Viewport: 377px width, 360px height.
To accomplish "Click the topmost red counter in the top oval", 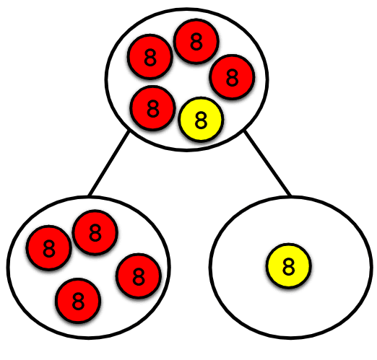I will coord(196,43).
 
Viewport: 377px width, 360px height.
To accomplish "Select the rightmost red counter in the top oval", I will coord(232,76).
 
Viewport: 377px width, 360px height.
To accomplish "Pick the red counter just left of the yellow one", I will coord(152,108).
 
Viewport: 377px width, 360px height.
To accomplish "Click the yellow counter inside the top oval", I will coord(201,120).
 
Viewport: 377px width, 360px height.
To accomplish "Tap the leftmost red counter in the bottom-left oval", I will coord(49,248).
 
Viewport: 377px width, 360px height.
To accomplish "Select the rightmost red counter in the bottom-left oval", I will coord(138,275).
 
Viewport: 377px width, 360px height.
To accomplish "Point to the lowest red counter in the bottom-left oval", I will coord(79,299).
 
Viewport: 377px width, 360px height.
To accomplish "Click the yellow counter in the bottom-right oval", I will coord(288,266).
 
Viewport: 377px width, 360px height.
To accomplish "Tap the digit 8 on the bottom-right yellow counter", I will coord(288,266).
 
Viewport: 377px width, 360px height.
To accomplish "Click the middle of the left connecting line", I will coord(109,163).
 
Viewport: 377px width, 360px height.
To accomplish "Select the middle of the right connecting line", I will coord(267,163).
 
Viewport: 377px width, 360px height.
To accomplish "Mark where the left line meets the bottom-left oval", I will coord(89,196).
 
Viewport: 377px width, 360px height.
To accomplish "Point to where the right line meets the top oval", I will coord(245,131).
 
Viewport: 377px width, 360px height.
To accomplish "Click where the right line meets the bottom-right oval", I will coord(290,196).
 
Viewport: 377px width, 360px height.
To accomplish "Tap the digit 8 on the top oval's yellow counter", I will coord(201,120).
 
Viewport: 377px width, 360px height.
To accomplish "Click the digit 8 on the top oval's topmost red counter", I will coord(196,43).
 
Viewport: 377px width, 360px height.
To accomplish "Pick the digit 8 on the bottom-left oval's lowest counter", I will coord(79,299).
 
